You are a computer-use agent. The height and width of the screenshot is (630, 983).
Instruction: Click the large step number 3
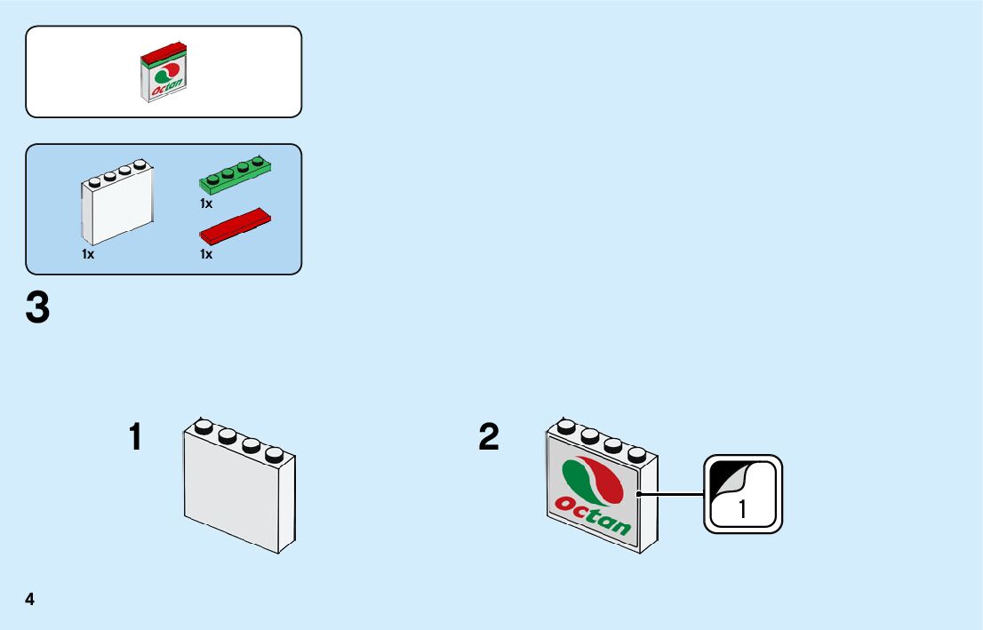(37, 308)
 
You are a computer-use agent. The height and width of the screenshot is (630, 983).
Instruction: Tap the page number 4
(30, 600)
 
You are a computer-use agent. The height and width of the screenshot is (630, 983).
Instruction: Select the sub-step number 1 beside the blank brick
(135, 437)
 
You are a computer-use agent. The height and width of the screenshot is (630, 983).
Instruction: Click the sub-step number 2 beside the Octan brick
(489, 437)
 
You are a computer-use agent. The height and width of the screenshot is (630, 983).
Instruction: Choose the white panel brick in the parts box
(117, 202)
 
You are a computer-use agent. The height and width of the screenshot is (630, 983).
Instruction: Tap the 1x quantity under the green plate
(206, 203)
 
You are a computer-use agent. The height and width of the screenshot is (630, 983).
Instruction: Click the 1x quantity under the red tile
(206, 254)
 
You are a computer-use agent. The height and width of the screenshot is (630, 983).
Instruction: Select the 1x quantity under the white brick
(88, 254)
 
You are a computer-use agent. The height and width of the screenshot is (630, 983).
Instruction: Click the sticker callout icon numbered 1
(743, 494)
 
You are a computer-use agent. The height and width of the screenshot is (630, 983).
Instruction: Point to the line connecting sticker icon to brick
(671, 494)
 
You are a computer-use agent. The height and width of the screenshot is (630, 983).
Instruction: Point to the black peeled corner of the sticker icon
(726, 476)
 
